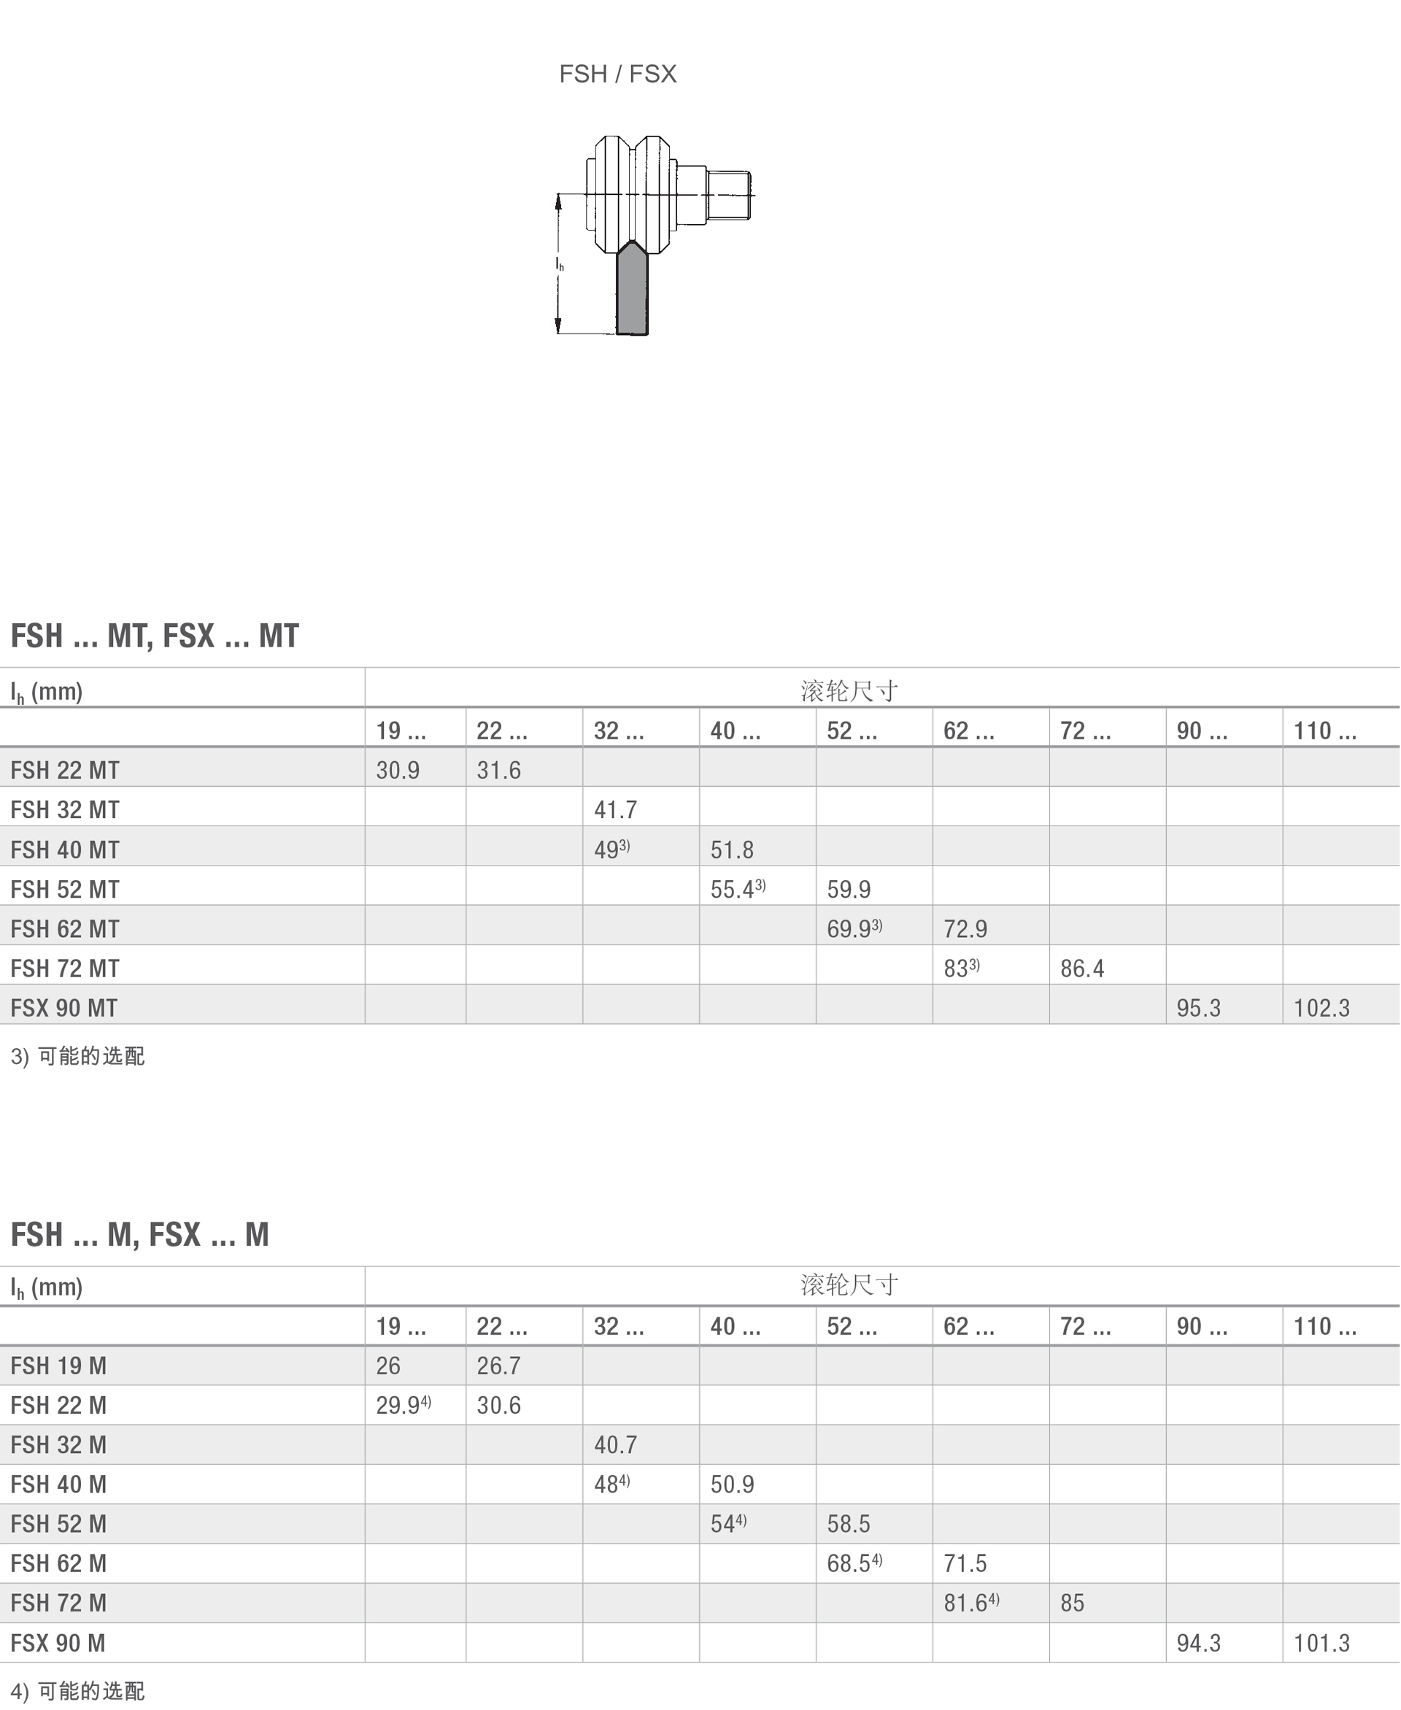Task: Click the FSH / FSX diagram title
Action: (617, 74)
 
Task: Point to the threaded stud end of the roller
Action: (729, 194)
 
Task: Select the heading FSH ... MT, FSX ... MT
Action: (154, 636)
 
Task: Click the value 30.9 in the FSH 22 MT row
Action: (398, 771)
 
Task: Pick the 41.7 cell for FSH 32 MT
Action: (616, 810)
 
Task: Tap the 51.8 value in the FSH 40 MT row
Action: (732, 850)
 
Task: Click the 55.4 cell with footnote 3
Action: (738, 889)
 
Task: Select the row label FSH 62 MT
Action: (64, 929)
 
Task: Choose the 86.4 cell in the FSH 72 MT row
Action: (1082, 968)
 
